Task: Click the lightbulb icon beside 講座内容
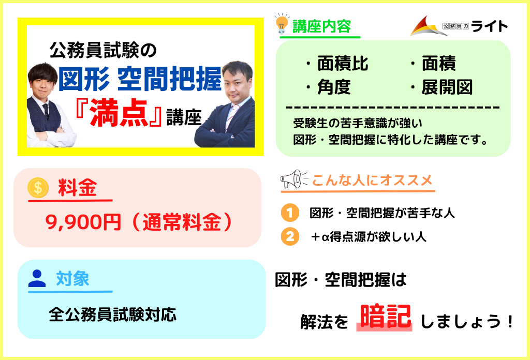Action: pyautogui.click(x=282, y=24)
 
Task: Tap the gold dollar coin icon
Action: pyautogui.click(x=38, y=187)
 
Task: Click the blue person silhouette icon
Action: pyautogui.click(x=37, y=279)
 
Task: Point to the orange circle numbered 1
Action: pyautogui.click(x=290, y=213)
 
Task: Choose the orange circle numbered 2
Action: pyautogui.click(x=290, y=236)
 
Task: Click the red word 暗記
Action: pyautogui.click(x=385, y=316)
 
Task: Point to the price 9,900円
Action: pyautogui.click(x=83, y=222)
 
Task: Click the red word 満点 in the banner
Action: pyautogui.click(x=119, y=113)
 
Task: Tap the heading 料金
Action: pyautogui.click(x=78, y=187)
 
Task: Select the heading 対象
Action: pyautogui.click(x=72, y=279)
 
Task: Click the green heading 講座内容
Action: pyautogui.click(x=321, y=26)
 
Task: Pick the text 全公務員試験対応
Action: pyautogui.click(x=112, y=314)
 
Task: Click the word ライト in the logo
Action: pyautogui.click(x=489, y=26)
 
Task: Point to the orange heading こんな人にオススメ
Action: pyautogui.click(x=372, y=180)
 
